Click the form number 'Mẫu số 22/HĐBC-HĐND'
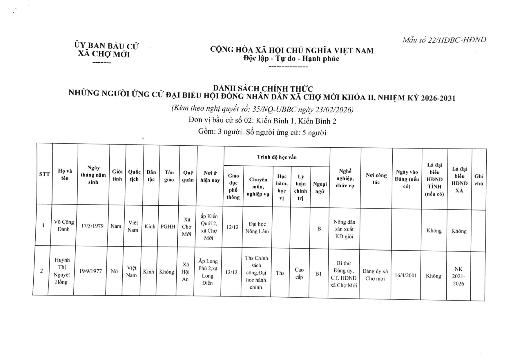pos(444,40)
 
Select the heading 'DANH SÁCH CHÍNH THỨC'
pos(263,88)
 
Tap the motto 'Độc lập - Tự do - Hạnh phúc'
pos(291,59)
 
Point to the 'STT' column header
pos(44,174)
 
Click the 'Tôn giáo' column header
pos(169,176)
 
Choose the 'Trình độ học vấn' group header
pos(277,157)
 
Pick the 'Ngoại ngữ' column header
pos(320,188)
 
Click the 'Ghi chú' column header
pos(479,180)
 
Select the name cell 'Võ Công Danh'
pos(64,225)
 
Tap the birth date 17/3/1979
pos(92,226)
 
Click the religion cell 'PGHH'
pos(168,227)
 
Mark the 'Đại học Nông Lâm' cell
pos(257,228)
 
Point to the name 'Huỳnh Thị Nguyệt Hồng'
pos(62,271)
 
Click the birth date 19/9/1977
pos(90,271)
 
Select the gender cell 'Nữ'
pos(114,272)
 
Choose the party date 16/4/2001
pos(405,275)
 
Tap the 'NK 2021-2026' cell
pos(458,276)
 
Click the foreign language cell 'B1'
pos(318,274)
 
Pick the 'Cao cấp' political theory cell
pos(299,273)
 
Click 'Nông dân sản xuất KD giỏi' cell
pos(344,229)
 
